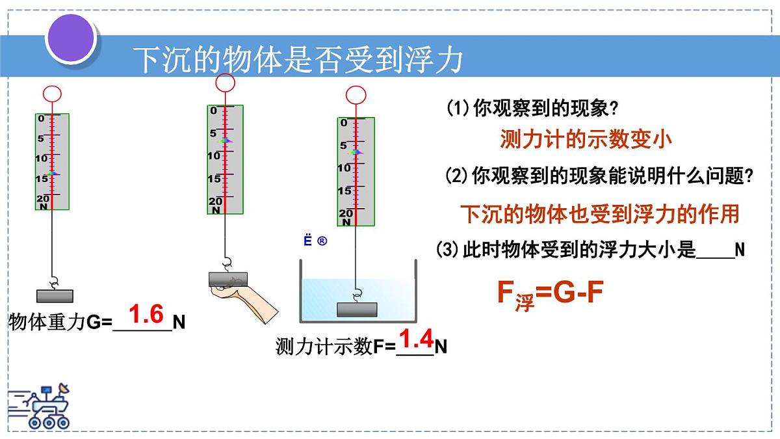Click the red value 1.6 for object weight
146,315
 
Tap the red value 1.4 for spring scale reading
416,339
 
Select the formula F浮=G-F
550,295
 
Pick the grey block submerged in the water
357,309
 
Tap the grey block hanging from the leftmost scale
55,296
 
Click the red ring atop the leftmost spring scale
52,94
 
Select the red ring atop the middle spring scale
225,83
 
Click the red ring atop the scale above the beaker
356,95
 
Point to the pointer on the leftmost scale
52,174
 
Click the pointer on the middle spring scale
225,140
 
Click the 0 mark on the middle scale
213,111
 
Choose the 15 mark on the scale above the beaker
344,191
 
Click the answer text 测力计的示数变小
586,139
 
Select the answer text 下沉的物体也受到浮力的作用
600,213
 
